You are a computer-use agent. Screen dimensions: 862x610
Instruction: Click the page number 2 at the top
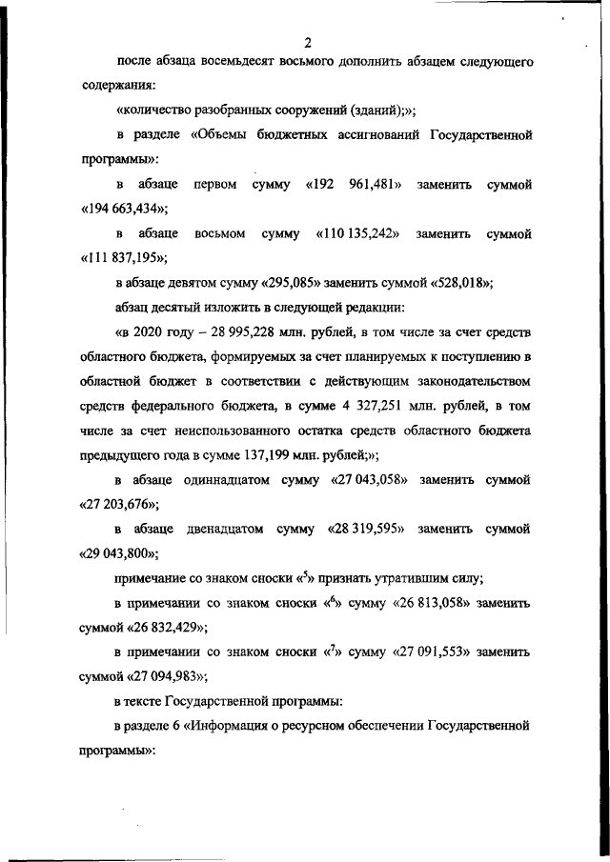pos(308,41)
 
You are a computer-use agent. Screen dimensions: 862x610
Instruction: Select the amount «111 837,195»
pos(123,258)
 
